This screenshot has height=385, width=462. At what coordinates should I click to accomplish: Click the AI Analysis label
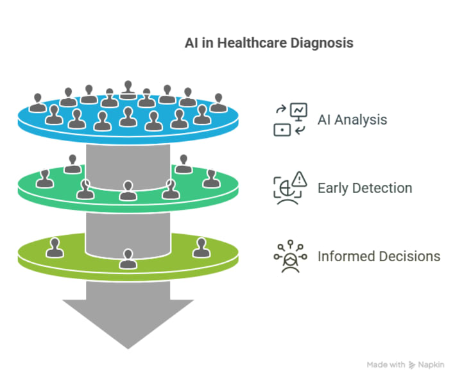click(352, 119)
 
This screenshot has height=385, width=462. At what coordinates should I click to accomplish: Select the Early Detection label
click(364, 188)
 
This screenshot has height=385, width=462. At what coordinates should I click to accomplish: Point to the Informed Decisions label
click(379, 257)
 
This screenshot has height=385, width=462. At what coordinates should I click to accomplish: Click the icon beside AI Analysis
click(291, 119)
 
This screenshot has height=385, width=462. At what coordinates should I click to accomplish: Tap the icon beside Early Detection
click(291, 187)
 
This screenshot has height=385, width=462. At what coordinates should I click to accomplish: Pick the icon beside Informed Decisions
click(291, 256)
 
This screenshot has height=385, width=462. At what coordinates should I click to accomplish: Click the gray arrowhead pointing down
click(128, 321)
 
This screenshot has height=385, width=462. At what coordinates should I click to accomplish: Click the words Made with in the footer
click(385, 364)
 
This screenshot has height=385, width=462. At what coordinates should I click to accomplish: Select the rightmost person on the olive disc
click(201, 246)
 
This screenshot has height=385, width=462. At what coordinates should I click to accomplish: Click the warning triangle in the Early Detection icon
click(299, 178)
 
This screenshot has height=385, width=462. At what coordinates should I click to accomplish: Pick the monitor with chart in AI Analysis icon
click(298, 111)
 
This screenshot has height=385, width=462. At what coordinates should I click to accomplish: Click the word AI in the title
click(191, 44)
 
